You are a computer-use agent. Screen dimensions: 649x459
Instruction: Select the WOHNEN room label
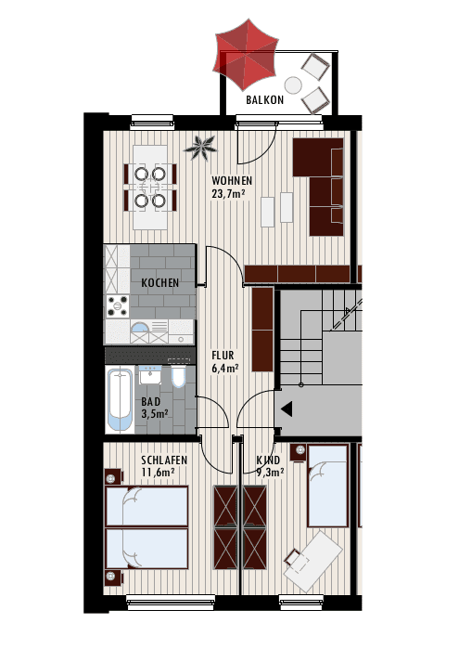click(232, 180)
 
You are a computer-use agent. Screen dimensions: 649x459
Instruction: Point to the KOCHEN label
click(160, 282)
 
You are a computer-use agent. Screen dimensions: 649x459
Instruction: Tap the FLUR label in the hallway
click(223, 355)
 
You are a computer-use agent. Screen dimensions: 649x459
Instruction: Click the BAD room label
click(150, 402)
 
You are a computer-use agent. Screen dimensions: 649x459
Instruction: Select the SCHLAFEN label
click(165, 461)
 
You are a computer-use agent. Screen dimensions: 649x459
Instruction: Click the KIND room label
click(268, 461)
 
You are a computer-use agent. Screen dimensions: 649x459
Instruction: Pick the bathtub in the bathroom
click(120, 399)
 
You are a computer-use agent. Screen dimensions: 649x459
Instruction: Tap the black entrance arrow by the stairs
click(287, 409)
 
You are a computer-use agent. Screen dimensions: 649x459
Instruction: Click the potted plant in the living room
click(201, 145)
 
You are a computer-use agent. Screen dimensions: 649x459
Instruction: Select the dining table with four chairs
click(149, 187)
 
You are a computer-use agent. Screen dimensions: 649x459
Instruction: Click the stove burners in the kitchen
click(119, 305)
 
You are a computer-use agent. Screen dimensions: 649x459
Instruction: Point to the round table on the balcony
click(293, 85)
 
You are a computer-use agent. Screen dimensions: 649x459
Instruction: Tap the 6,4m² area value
click(225, 368)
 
